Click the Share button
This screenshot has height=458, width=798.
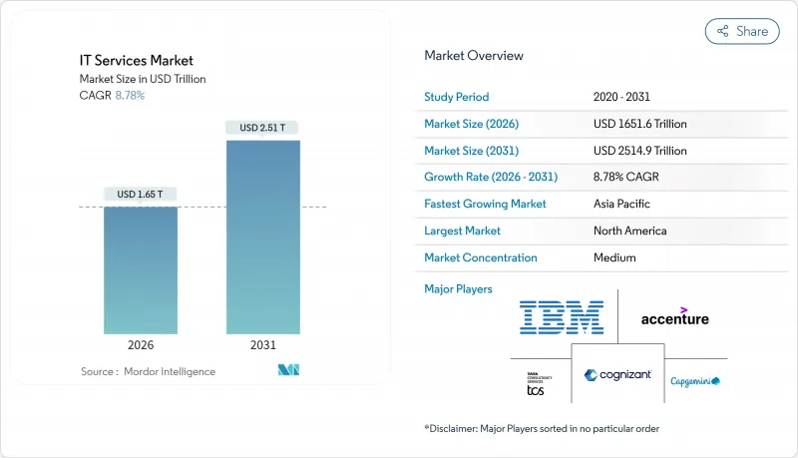coord(742,31)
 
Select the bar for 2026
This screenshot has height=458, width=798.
coord(141,269)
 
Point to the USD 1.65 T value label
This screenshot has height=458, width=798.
coord(141,194)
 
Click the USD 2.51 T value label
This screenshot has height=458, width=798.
coord(262,128)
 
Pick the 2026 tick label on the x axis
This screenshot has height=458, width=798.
coord(141,345)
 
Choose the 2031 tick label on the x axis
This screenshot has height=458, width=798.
coord(262,345)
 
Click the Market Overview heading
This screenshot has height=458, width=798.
coord(474,55)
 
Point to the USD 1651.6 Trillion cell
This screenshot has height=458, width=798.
coord(639,124)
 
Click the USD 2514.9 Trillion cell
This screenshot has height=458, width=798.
coord(639,151)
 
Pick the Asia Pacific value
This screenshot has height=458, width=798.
coord(621,204)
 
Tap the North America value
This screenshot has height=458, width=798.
coord(629,230)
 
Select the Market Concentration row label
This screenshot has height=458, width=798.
coord(481,257)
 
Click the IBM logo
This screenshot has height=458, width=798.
coord(562,317)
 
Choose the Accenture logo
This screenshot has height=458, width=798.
coord(675,317)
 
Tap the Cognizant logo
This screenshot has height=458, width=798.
coord(617,375)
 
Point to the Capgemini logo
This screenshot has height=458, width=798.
coord(695,381)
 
